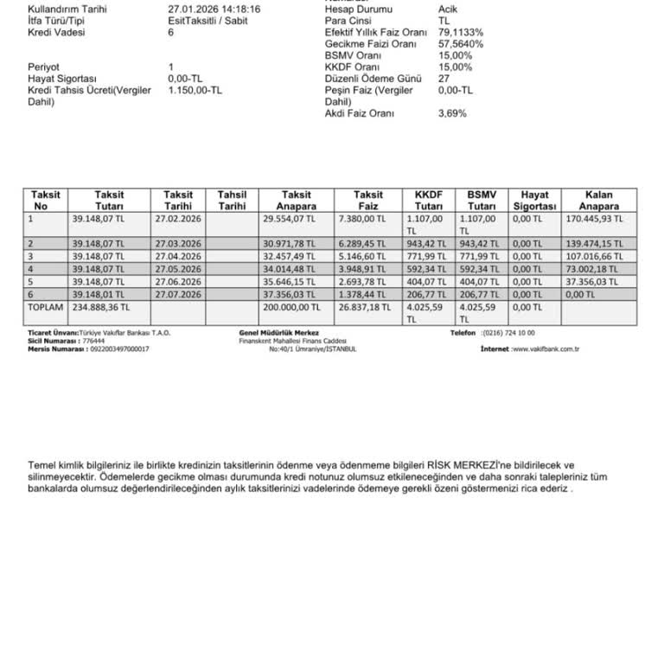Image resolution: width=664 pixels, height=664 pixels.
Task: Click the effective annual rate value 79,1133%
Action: point(461,32)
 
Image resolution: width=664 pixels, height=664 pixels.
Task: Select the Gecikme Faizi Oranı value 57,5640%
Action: point(461,44)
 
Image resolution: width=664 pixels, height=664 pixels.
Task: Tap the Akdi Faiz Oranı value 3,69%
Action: point(452,113)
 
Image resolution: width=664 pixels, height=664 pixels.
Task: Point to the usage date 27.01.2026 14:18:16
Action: point(214,10)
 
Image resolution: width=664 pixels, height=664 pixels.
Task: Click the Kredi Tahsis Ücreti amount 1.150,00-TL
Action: point(195,90)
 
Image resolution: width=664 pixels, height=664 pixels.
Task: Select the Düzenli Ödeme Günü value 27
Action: point(444,79)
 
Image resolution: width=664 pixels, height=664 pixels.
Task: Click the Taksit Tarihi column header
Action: point(178,201)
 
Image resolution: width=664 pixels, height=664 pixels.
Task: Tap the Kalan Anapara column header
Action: point(599,201)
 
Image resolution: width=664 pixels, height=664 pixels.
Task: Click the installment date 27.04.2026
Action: point(178,257)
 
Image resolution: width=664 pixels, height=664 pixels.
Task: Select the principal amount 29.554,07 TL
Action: point(290,220)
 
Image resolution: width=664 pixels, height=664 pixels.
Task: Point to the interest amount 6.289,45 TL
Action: point(367,245)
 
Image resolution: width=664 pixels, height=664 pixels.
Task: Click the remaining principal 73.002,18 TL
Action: point(591,269)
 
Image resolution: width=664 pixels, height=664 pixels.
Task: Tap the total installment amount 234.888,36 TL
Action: point(101,306)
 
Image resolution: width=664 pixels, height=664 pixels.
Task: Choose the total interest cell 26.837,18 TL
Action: point(368,306)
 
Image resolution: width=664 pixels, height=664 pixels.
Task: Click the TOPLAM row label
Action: point(45,306)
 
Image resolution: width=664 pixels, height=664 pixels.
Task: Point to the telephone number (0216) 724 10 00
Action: point(509,333)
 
